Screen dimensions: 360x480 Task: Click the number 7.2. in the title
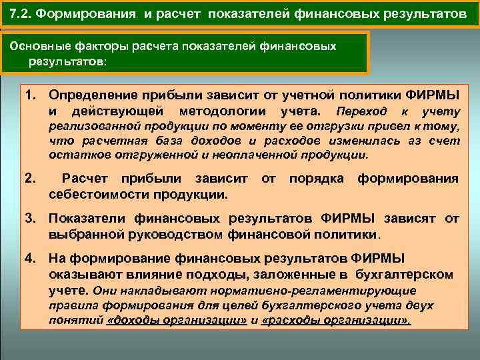[23, 14]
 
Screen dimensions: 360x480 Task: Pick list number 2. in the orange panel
[30, 179]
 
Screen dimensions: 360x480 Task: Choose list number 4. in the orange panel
[31, 259]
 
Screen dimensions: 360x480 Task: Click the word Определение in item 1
[93, 95]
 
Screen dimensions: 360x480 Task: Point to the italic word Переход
[360, 111]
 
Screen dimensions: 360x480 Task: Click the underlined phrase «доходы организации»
[177, 320]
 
